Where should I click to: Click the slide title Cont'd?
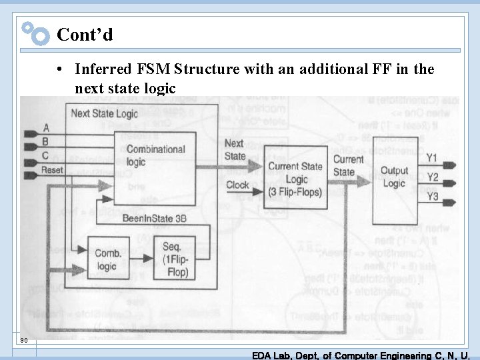[x=85, y=34]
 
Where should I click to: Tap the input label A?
[x=46, y=127]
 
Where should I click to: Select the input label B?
[x=46, y=141]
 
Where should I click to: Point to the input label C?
[x=46, y=155]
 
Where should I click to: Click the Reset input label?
[x=52, y=170]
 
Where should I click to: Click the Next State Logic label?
[x=104, y=113]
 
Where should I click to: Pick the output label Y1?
[x=432, y=158]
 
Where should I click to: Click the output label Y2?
[x=432, y=177]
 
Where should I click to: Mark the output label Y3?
[x=432, y=197]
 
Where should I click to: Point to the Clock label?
[x=237, y=185]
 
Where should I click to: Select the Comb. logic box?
[x=107, y=259]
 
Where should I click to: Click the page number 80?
[x=24, y=341]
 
